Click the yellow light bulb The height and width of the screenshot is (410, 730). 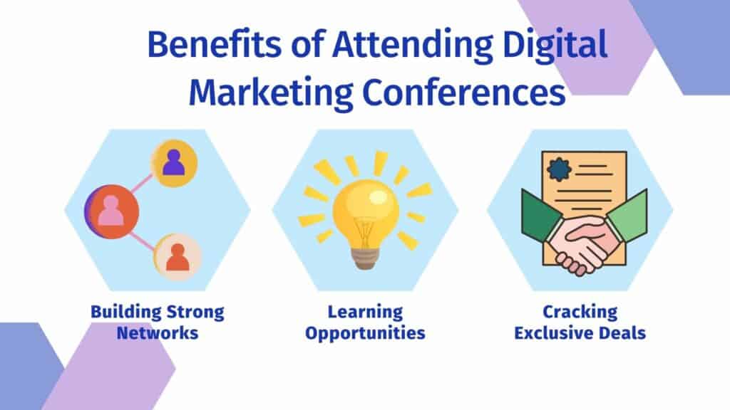365,206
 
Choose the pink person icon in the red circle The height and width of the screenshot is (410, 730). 111,211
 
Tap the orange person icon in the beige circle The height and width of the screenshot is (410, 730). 178,258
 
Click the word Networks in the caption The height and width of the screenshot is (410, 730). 158,332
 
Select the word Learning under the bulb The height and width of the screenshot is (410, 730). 365,312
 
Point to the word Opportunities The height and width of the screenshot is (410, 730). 365,332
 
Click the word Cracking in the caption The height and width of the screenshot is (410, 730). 580,312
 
